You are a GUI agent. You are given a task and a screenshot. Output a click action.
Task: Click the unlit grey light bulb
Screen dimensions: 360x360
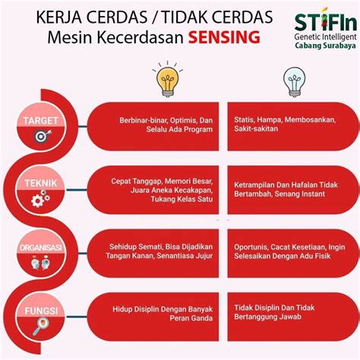coord(294,82)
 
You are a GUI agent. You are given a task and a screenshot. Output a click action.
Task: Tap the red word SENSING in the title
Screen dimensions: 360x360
coord(224,37)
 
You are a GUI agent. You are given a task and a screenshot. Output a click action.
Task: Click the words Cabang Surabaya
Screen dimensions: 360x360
coord(325,46)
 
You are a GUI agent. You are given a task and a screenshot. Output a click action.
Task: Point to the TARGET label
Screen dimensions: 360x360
coord(41,121)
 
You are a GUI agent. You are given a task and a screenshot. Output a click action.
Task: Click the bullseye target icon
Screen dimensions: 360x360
coord(43,136)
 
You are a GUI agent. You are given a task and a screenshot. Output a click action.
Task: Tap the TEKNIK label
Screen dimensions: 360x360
coord(41,183)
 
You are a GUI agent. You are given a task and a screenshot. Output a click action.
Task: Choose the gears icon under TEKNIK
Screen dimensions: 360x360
coord(40,199)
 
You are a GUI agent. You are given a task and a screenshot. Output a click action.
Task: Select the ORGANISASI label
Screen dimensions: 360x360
coord(41,248)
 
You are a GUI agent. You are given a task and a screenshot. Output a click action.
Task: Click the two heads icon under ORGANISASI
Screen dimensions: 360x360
coord(40,263)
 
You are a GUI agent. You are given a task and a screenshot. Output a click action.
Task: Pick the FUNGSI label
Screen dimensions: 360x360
coord(41,311)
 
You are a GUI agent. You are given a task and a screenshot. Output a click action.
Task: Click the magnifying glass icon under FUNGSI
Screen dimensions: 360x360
coord(40,327)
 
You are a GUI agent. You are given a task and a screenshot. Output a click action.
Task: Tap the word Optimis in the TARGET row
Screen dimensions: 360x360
coord(183,120)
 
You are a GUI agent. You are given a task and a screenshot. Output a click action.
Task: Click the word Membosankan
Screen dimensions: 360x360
coord(310,119)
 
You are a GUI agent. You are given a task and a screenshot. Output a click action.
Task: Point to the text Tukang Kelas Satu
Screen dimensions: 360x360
coord(182,199)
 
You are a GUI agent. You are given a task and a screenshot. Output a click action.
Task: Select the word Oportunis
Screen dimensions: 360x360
coord(251,247)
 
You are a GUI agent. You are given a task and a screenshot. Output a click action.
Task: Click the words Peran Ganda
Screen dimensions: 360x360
coord(191,318)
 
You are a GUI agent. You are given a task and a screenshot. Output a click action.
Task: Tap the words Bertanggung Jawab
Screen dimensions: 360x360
coord(267,317)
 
